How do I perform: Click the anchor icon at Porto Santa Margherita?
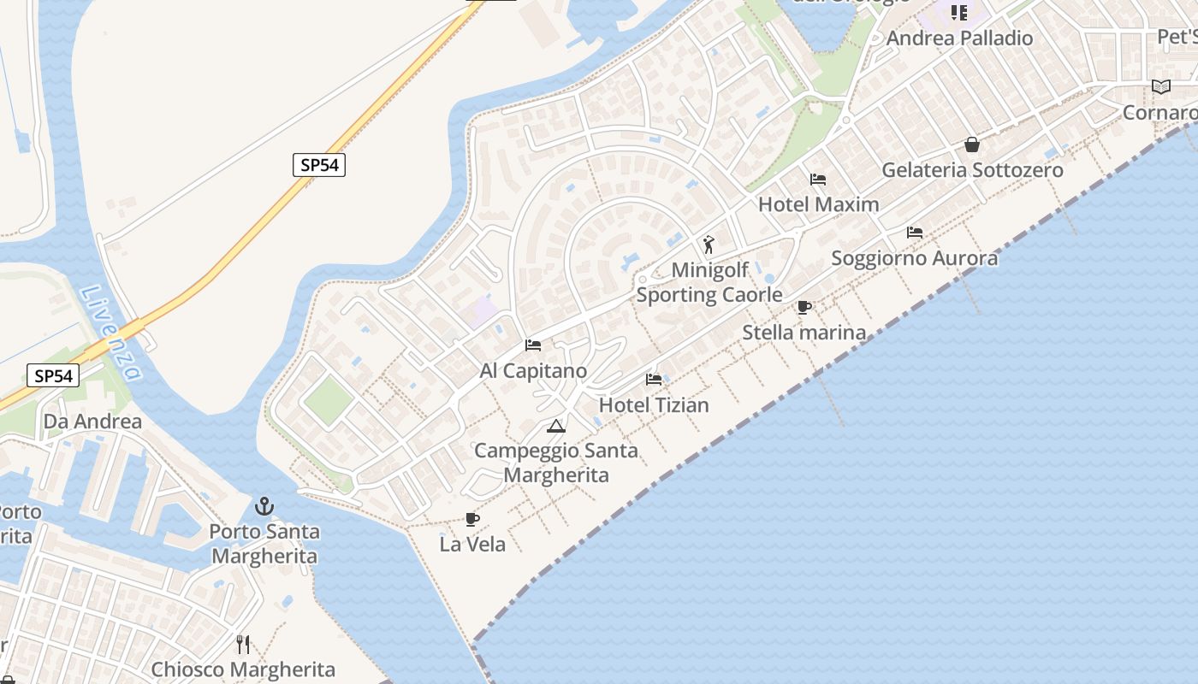265,506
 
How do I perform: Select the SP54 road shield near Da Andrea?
53,375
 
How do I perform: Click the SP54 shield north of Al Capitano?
319,165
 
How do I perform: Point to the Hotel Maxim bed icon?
818,180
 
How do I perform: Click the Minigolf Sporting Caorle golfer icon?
709,245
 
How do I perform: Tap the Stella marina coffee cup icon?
804,307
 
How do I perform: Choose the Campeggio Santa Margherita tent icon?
556,426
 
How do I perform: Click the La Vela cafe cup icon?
471,519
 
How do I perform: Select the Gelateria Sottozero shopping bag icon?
972,144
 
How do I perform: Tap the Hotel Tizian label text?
654,405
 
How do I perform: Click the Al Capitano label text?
533,371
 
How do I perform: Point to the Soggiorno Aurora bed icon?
915,233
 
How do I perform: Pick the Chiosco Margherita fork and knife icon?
243,644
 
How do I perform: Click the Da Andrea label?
92,422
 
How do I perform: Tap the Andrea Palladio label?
959,38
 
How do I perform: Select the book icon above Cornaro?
1161,87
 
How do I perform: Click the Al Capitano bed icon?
533,345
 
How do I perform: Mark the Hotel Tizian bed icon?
654,380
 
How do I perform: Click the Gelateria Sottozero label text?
972,170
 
